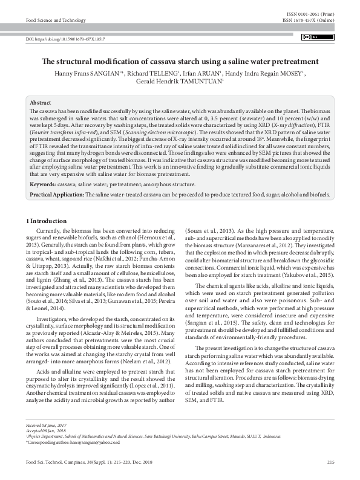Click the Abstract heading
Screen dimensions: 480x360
tap(41, 104)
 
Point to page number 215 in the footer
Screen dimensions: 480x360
tap(330, 462)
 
